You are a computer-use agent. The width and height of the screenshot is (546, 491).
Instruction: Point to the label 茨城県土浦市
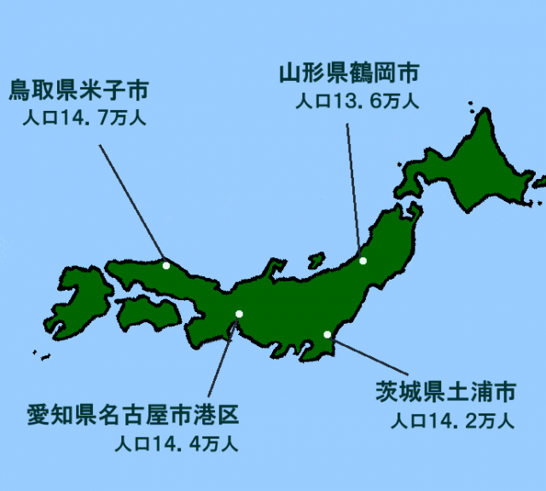446,394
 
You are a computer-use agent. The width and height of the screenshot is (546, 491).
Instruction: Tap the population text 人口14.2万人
452,420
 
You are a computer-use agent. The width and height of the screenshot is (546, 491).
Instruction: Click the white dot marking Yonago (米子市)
166,265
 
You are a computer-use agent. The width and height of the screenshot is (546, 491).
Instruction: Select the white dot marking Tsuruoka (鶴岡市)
363,261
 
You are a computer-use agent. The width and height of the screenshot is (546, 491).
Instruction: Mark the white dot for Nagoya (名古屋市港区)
239,314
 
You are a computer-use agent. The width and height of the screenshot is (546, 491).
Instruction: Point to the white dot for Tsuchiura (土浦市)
327,334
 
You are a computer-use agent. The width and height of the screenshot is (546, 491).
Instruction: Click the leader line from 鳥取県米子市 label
132,205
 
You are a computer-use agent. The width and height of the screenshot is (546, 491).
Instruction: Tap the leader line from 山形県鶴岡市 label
354,192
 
